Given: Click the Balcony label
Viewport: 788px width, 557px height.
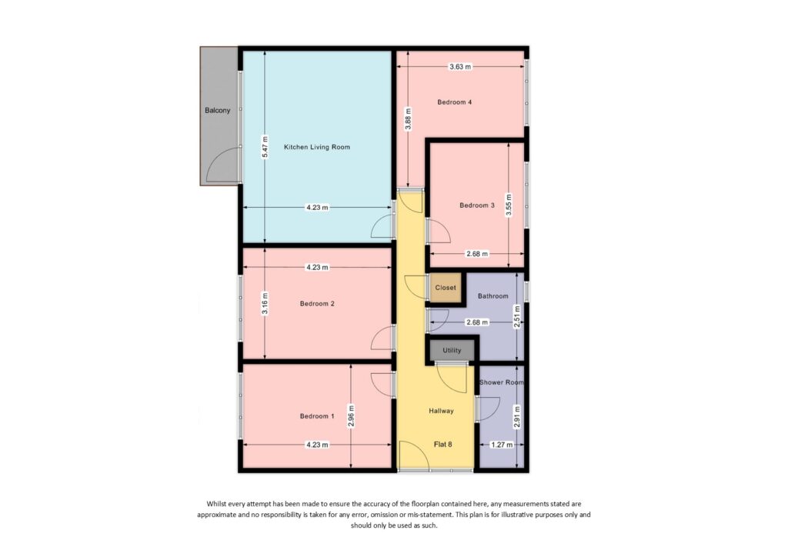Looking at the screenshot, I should point(217,111).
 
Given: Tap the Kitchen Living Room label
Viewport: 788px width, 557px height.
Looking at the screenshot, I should point(317,147).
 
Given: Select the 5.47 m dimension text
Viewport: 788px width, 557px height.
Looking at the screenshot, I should point(265,147).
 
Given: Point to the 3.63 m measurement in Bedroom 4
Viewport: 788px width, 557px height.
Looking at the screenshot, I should point(460,67).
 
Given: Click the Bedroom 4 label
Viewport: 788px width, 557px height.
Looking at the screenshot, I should point(454,102).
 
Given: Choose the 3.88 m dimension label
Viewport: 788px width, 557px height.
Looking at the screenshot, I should point(409,120).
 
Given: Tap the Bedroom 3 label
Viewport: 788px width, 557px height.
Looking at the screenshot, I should point(476,205).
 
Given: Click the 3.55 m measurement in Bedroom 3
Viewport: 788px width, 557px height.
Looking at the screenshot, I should point(509,204).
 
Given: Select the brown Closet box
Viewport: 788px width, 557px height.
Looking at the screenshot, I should point(446,288).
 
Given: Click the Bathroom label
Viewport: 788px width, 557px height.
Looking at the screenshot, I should point(492,296).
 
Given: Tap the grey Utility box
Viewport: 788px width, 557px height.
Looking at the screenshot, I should point(452,351).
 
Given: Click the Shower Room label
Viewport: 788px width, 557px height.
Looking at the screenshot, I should point(501,382).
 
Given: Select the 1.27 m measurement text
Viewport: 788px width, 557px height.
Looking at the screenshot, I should point(499,445).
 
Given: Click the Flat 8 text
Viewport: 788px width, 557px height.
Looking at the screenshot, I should point(441,445).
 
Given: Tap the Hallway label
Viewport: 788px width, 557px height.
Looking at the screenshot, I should point(441,411).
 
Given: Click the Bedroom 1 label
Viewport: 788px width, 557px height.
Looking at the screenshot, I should point(317,416).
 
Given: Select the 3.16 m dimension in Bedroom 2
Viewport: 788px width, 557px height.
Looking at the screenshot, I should point(265,302).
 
